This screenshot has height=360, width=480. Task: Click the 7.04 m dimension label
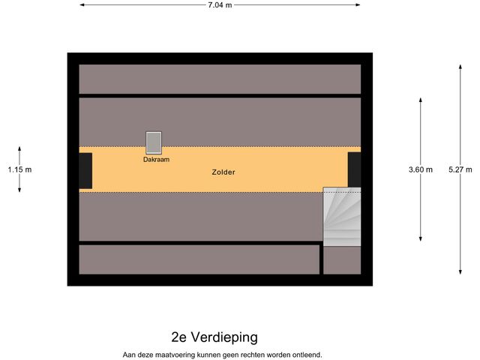(220, 5)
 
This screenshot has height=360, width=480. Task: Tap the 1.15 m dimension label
(19, 169)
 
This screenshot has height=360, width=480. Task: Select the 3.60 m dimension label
(421, 169)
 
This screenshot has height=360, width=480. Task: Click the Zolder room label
(223, 172)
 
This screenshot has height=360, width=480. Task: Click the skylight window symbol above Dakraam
(154, 142)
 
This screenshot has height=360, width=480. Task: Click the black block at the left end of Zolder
(85, 170)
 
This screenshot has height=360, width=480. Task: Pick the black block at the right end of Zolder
(354, 169)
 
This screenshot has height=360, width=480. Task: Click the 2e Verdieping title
(214, 337)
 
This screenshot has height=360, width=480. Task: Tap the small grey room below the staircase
(342, 260)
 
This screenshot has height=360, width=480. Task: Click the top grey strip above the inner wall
(220, 78)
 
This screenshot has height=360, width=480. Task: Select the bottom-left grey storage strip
(199, 259)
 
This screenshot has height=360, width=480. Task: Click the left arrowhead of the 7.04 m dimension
(82, 5)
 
